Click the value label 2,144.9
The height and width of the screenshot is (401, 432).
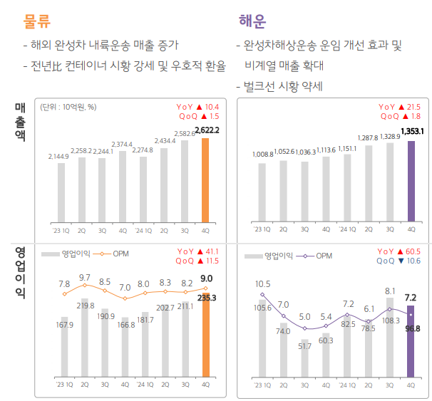[60, 156]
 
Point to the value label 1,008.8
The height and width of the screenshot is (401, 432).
[262, 154]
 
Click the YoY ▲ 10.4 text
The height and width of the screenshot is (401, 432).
[199, 107]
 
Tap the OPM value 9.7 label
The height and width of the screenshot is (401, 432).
[85, 277]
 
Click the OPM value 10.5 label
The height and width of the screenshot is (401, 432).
[262, 283]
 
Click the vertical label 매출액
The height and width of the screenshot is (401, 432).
[19, 122]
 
